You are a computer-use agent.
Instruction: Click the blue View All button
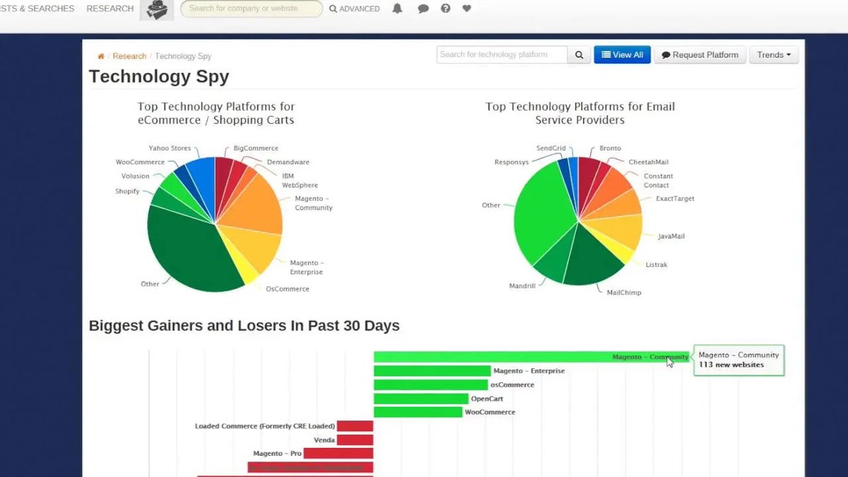(x=622, y=55)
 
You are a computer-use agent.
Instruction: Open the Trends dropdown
(x=773, y=55)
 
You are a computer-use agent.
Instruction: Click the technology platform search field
(x=502, y=55)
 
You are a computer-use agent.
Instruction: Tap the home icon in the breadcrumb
(x=101, y=57)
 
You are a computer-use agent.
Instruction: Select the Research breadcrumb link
(x=129, y=57)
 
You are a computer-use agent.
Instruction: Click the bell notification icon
(x=397, y=9)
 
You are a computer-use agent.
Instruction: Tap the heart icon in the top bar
(x=466, y=9)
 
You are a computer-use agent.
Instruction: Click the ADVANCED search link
(x=354, y=9)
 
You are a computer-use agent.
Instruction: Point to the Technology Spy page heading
(x=159, y=77)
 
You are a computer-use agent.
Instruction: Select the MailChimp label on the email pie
(x=624, y=293)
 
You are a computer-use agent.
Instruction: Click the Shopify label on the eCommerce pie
(x=127, y=192)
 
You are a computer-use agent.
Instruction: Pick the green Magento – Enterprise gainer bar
(x=432, y=371)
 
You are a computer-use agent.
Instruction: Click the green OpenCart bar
(x=420, y=399)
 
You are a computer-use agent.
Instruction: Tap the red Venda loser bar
(x=355, y=440)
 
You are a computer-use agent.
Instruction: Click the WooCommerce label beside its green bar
(x=490, y=412)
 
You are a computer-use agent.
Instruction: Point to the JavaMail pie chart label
(x=671, y=237)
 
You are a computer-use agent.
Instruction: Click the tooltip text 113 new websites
(x=731, y=365)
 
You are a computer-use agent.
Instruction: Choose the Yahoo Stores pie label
(x=170, y=148)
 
